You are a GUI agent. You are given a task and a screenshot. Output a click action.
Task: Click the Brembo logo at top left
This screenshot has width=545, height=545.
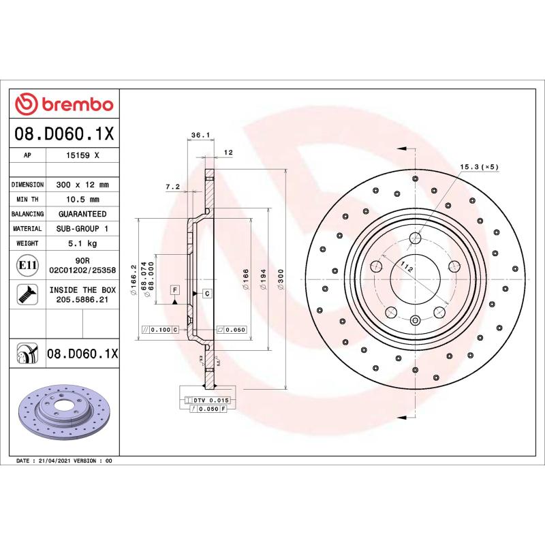coord(64,104)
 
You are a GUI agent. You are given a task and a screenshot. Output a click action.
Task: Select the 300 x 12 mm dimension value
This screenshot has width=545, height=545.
coord(82,185)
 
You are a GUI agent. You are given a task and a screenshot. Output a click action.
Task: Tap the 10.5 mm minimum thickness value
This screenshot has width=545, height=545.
coord(82,200)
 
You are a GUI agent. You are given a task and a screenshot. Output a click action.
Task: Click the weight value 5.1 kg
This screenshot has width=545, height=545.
coord(82,243)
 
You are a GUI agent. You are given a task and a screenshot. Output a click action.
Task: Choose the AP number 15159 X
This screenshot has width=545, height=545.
coord(82,155)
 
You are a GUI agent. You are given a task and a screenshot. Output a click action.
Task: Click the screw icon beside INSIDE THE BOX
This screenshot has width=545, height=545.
coord(27,294)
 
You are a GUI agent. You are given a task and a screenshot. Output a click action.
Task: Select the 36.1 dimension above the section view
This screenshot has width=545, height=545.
coord(200,136)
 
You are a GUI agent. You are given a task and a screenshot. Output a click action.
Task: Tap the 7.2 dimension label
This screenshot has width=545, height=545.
coord(172,186)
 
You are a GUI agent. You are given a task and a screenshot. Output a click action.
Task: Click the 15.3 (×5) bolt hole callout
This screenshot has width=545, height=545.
coord(479,166)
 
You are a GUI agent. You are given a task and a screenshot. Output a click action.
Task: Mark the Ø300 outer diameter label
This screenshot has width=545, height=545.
coord(281,279)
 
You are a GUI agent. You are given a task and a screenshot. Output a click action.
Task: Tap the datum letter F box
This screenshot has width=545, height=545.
coord(174,290)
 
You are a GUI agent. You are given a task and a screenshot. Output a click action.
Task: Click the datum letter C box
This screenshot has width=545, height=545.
coord(206,293)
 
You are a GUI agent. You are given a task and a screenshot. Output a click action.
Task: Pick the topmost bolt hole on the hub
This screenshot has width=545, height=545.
coord(416,238)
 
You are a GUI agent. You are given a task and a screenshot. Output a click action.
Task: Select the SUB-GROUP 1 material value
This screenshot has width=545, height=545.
coord(82,229)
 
